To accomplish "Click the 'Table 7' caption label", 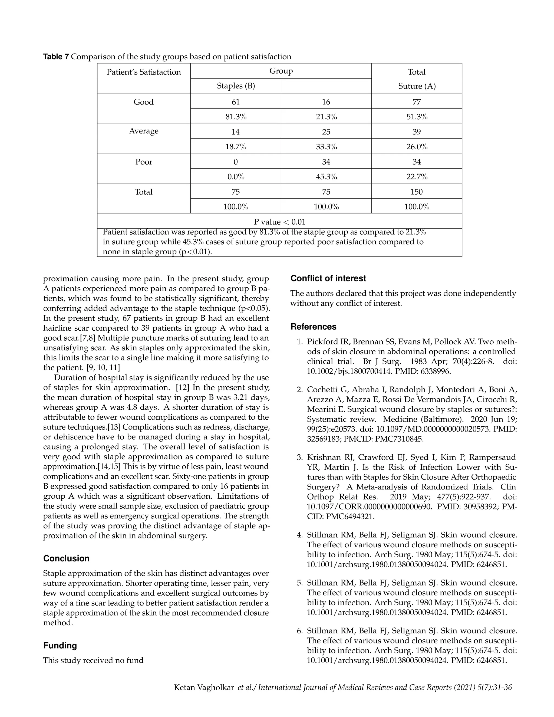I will [x=56, y=57].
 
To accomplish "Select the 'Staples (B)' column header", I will [x=236, y=86].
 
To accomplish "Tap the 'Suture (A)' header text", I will [x=417, y=86].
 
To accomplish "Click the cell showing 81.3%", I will [x=236, y=117].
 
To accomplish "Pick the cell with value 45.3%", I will [x=326, y=177].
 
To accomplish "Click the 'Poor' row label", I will [x=144, y=162].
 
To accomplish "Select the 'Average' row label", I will [x=144, y=131].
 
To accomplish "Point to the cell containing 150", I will [x=417, y=192].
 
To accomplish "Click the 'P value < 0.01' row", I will [x=280, y=222].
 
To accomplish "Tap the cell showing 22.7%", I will [x=417, y=177].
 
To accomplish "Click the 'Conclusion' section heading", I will [x=66, y=559].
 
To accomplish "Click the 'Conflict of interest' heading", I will [x=328, y=278].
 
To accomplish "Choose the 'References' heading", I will [x=314, y=327].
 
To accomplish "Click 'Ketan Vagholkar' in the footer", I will [x=204, y=688].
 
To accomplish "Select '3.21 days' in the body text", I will [x=250, y=397].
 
